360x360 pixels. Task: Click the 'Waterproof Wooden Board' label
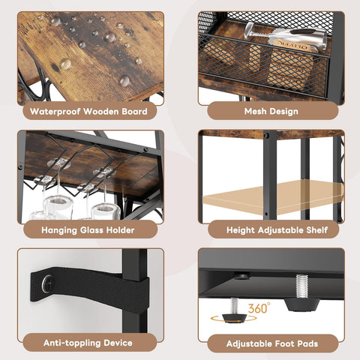point(89,112)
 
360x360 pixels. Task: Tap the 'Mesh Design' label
point(271,112)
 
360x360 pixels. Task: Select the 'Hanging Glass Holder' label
point(89,229)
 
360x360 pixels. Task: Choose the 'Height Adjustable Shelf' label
point(271,229)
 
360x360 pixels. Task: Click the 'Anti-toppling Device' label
point(89,344)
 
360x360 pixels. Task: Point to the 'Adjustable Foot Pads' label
point(271,344)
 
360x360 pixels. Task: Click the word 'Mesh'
point(257,112)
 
